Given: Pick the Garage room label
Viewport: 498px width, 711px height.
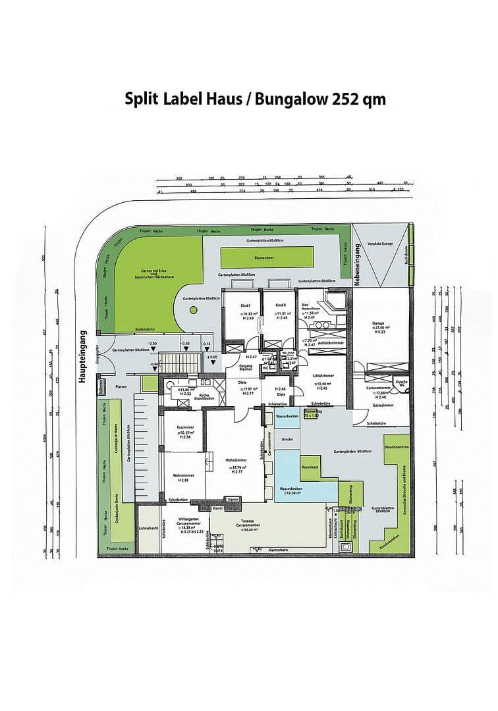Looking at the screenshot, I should point(378,323).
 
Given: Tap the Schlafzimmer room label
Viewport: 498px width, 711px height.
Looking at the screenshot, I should point(322,375).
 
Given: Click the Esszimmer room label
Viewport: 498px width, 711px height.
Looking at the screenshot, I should point(185,427).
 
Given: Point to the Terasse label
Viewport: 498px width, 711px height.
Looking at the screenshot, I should point(248,519).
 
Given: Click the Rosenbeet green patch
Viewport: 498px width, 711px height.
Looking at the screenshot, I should point(310,467).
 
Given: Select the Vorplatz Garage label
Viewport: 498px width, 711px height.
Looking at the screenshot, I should point(380,244).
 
